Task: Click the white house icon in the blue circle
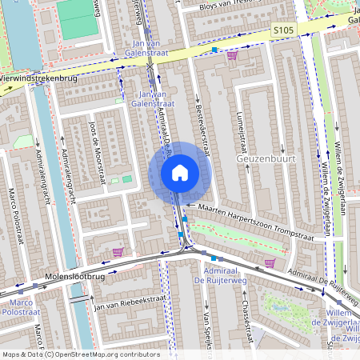point(179,173)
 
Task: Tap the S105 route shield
point(282,30)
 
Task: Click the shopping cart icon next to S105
point(232,55)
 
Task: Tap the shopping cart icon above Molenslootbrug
point(118,252)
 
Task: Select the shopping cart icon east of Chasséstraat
point(270,262)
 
